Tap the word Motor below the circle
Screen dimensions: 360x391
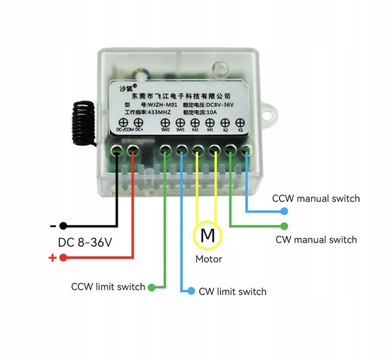(x=209, y=259)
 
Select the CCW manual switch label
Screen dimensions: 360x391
(x=316, y=198)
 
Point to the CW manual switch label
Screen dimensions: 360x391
(x=316, y=239)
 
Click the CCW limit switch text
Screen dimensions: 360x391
(x=108, y=287)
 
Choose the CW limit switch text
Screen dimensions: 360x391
(x=232, y=292)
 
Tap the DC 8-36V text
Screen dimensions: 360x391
(x=85, y=243)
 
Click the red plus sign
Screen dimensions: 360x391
(x=53, y=258)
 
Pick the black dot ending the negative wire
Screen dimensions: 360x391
(x=63, y=225)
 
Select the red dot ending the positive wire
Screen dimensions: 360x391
(x=63, y=258)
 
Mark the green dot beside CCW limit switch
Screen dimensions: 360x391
(x=152, y=287)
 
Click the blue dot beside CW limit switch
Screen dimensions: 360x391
(x=191, y=291)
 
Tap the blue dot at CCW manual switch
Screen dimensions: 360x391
(x=284, y=210)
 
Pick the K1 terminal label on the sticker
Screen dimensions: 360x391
(x=240, y=130)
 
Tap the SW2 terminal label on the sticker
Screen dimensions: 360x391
(x=165, y=130)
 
